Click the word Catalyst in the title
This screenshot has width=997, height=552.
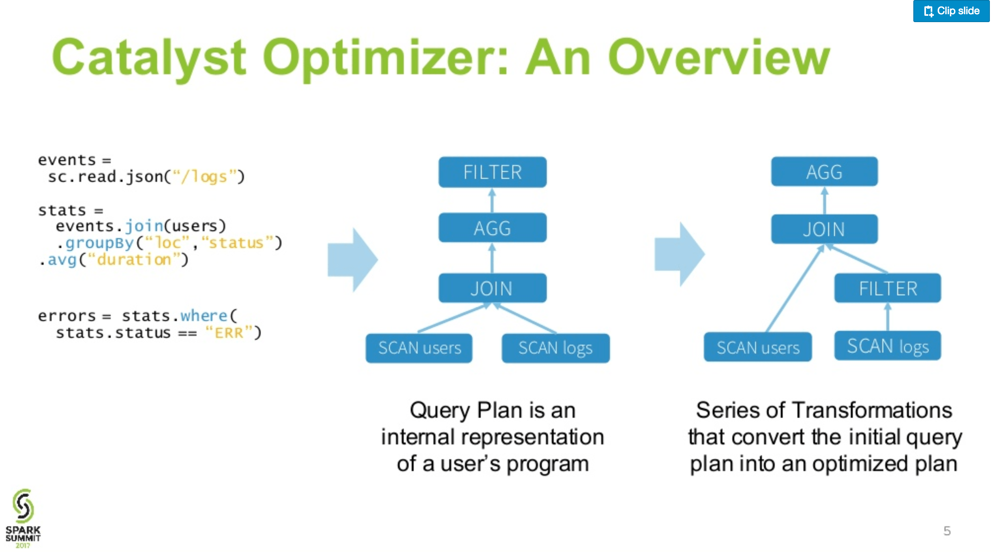point(149,57)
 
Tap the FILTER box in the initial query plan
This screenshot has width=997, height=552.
point(492,172)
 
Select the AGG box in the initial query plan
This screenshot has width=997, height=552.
point(492,228)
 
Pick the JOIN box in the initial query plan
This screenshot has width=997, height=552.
point(492,288)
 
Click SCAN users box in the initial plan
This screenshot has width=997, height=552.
point(419,348)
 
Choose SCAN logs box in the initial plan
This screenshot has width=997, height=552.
point(555,348)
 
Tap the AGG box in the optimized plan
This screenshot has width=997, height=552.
point(824,172)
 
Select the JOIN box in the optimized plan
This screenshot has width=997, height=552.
point(824,229)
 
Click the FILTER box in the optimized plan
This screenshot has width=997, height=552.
point(887,288)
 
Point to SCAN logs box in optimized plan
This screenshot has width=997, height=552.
point(887,346)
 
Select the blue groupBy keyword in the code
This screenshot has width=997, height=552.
point(99,243)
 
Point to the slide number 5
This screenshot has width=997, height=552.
point(946,531)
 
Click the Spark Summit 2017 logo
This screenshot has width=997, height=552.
point(23,518)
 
